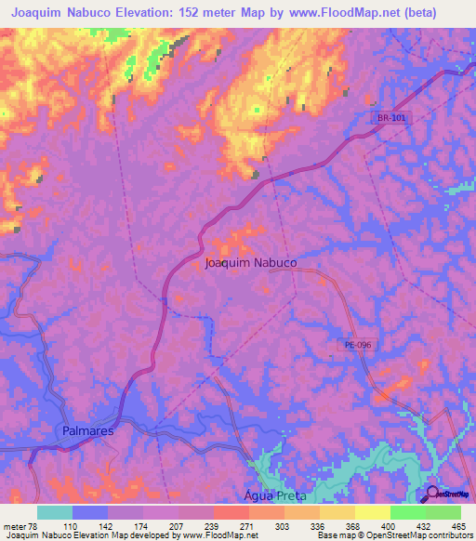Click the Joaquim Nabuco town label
point(250,263)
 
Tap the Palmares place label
point(88,432)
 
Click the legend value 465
point(458,525)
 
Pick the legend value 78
point(33,525)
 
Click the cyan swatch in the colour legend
point(55,512)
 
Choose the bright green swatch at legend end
point(443,512)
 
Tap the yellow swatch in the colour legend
point(373,512)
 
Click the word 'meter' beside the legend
point(13,525)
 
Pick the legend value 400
point(391,525)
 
